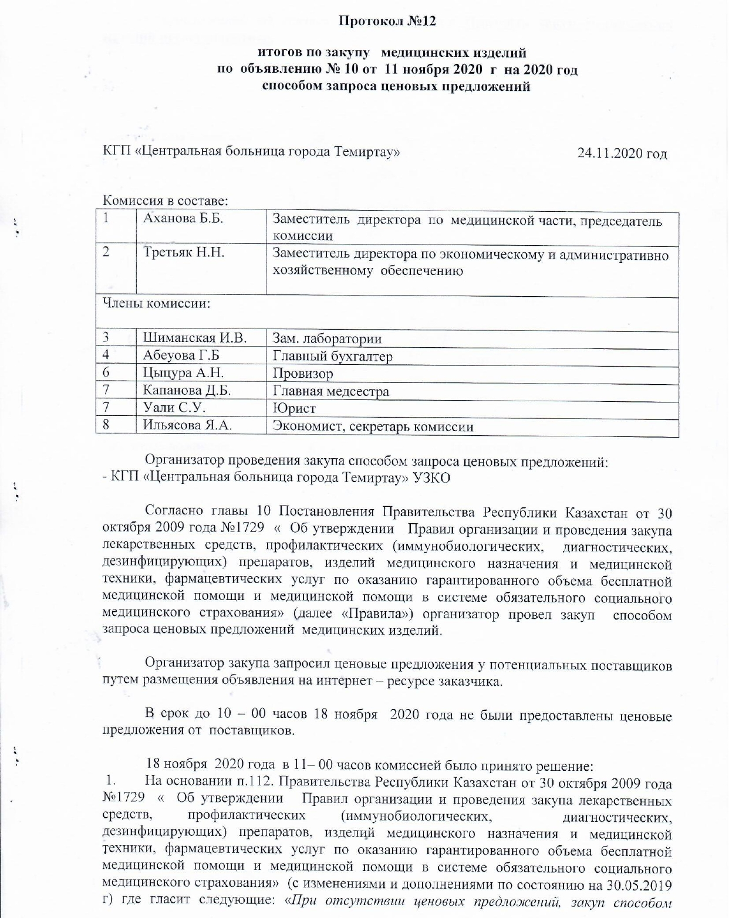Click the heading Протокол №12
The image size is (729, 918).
pos(387,22)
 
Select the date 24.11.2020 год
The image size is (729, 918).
pos(622,154)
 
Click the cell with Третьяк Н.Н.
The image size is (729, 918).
pos(184,253)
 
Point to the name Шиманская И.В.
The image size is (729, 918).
pos(194,338)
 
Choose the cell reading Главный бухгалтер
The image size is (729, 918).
pos(332,356)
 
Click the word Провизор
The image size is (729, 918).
pos(303,374)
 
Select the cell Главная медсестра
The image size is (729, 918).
pos(330,391)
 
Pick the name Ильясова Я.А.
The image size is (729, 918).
pos(187,425)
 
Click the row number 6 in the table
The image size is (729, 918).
pos(106,372)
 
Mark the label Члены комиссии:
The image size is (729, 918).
pos(157,304)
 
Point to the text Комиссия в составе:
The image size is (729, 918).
pos(165,201)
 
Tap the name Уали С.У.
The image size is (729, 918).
pos(174,408)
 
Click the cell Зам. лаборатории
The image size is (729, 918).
pos(327,338)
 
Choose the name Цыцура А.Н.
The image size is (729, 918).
pos(183,373)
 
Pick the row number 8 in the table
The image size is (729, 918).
pos(106,425)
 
